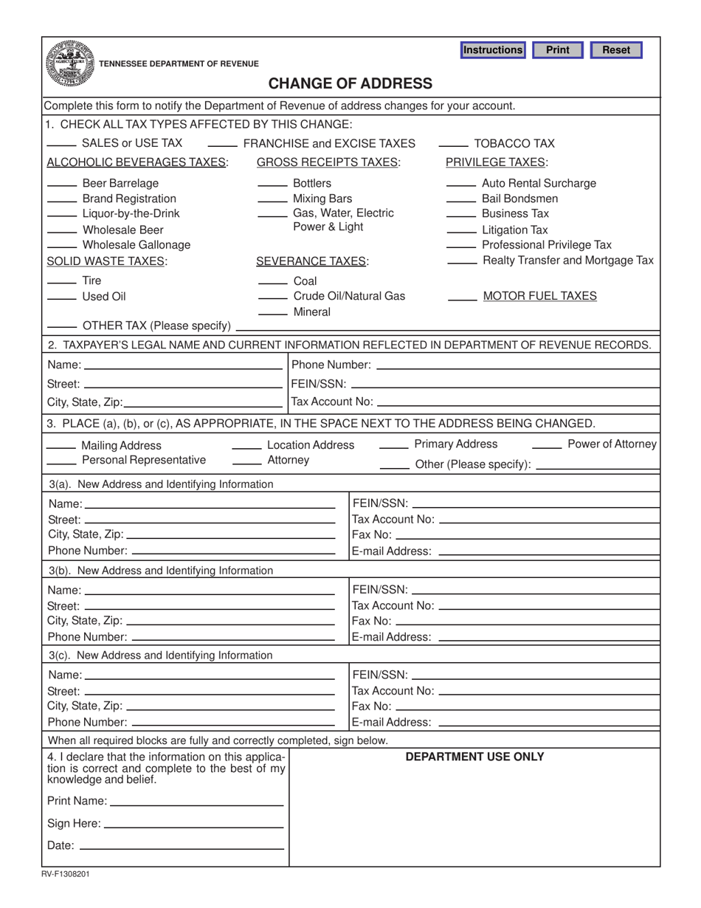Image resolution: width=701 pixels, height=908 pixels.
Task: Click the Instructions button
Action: pyautogui.click(x=492, y=50)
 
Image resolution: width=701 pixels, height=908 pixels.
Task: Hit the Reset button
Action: pyautogui.click(x=616, y=50)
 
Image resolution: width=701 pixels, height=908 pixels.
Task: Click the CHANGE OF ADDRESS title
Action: pyautogui.click(x=350, y=83)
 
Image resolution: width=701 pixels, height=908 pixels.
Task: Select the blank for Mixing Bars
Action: pyautogui.click(x=272, y=200)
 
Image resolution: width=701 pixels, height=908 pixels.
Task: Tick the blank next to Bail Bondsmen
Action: pyautogui.click(x=461, y=200)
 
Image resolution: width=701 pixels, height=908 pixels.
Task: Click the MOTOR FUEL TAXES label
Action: pyautogui.click(x=539, y=296)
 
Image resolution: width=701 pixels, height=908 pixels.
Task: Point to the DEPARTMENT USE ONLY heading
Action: pyautogui.click(x=475, y=757)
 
